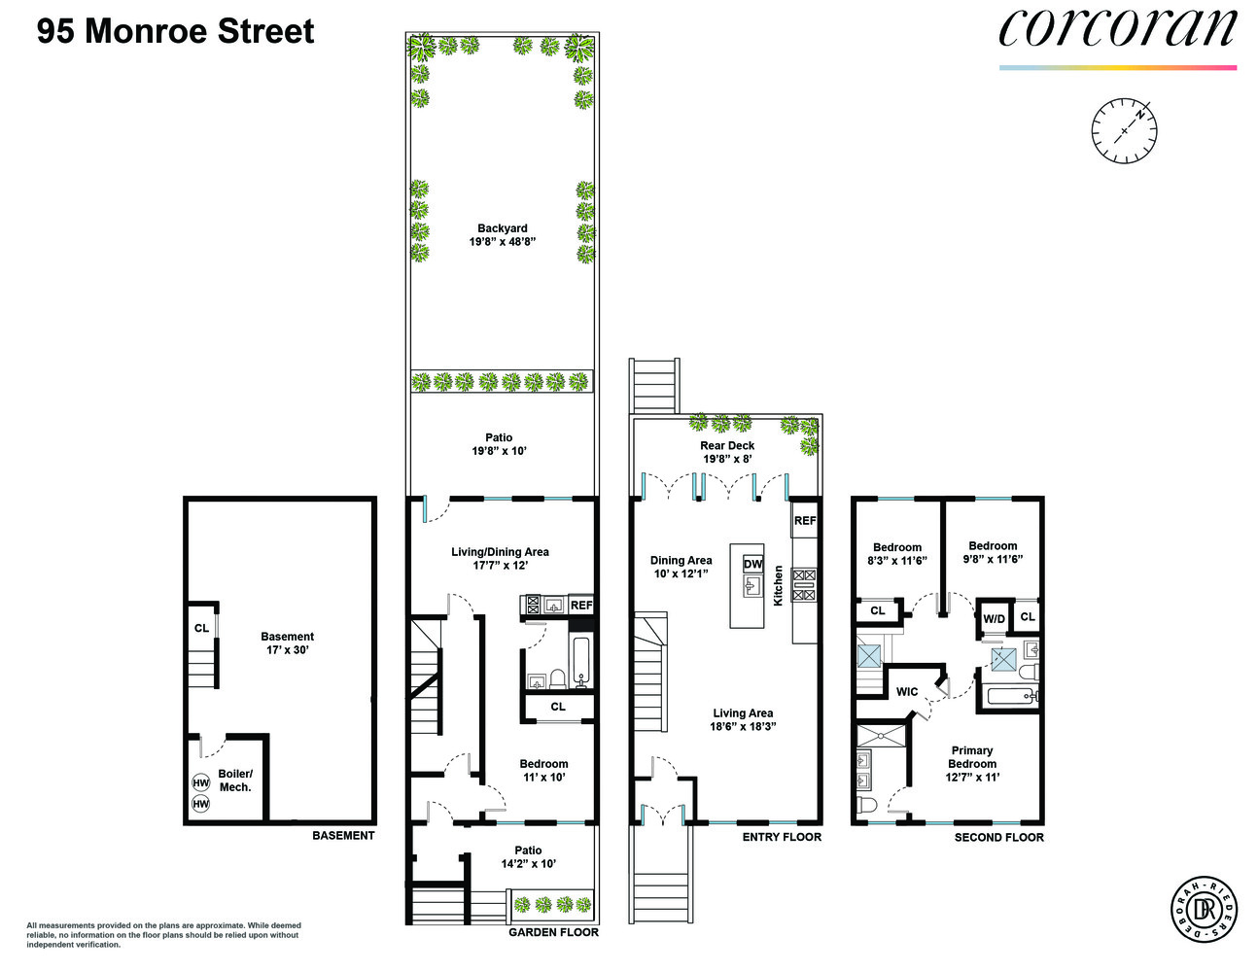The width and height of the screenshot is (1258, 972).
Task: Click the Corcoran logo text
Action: pyautogui.click(x=1117, y=29)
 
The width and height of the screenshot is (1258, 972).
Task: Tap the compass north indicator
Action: pyautogui.click(x=1139, y=113)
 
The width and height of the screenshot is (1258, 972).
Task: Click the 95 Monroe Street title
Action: pyautogui.click(x=176, y=31)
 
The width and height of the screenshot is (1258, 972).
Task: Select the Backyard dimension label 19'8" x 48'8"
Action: pyautogui.click(x=503, y=242)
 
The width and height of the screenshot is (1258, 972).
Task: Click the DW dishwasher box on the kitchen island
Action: pyautogui.click(x=752, y=564)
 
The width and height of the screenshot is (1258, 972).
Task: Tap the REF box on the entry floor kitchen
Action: pyautogui.click(x=805, y=521)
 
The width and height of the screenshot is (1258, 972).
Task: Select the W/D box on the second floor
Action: pyautogui.click(x=994, y=618)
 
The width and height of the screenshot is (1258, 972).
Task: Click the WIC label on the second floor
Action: pyautogui.click(x=906, y=692)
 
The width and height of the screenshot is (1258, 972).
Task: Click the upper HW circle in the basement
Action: pyautogui.click(x=201, y=783)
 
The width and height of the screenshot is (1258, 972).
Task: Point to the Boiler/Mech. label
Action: pyautogui.click(x=235, y=781)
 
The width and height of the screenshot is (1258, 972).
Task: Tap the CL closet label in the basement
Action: pyautogui.click(x=201, y=628)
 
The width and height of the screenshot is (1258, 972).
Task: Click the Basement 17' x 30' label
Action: pyautogui.click(x=287, y=643)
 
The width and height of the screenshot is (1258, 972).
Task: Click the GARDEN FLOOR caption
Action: pyautogui.click(x=553, y=932)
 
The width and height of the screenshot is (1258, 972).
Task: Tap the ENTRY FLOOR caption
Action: pyautogui.click(x=782, y=837)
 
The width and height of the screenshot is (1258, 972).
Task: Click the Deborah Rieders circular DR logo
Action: pyautogui.click(x=1206, y=910)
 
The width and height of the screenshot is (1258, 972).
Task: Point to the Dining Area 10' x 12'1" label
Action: pyautogui.click(x=681, y=567)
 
